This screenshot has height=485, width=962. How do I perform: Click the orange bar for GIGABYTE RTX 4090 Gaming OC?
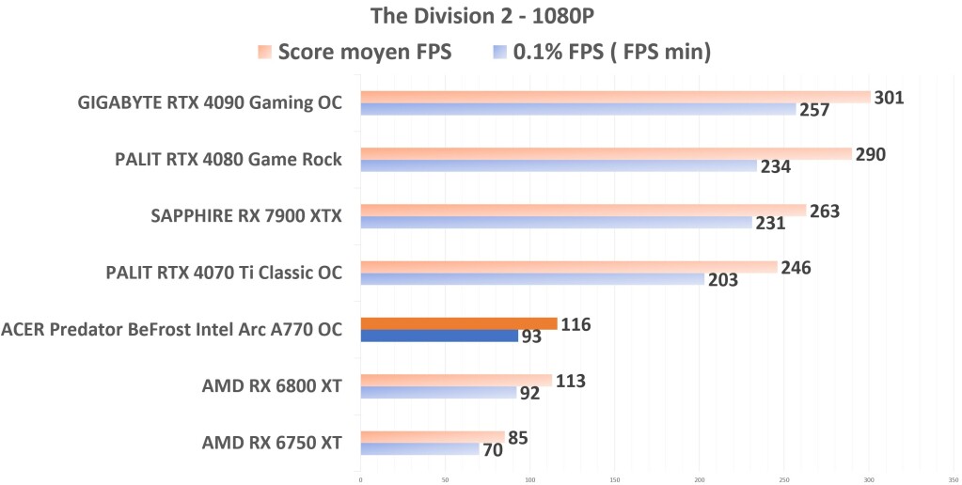[x=615, y=97]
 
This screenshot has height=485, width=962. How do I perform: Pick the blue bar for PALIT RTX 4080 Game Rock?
[x=559, y=165]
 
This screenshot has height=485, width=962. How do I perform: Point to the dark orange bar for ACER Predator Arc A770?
[x=458, y=323]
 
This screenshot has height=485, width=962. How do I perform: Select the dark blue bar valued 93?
[x=439, y=336]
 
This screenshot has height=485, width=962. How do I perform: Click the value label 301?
[x=889, y=97]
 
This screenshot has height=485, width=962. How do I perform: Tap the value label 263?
[x=824, y=211]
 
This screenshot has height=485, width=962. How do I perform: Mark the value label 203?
[x=722, y=279]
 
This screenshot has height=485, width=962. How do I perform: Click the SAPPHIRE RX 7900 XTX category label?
[x=246, y=217]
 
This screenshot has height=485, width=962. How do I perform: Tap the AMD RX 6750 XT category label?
[x=272, y=442]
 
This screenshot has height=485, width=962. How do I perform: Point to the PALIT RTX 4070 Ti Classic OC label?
[x=224, y=274]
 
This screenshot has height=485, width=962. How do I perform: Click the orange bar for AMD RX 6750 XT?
[x=433, y=436]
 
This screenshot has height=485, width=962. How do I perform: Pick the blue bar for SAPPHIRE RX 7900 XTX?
[x=556, y=223]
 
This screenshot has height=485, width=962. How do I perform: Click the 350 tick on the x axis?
[x=953, y=478]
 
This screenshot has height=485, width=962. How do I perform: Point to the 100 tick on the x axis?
[x=529, y=478]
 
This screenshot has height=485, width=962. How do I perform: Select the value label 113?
[x=570, y=381]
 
